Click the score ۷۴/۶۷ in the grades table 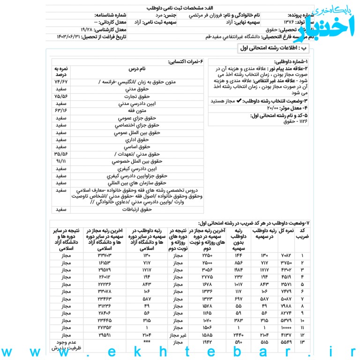click(x=61, y=82)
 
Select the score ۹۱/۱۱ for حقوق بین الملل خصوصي click(x=61, y=161)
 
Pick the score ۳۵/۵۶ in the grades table click(x=61, y=154)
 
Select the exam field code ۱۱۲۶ click(x=301, y=122)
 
